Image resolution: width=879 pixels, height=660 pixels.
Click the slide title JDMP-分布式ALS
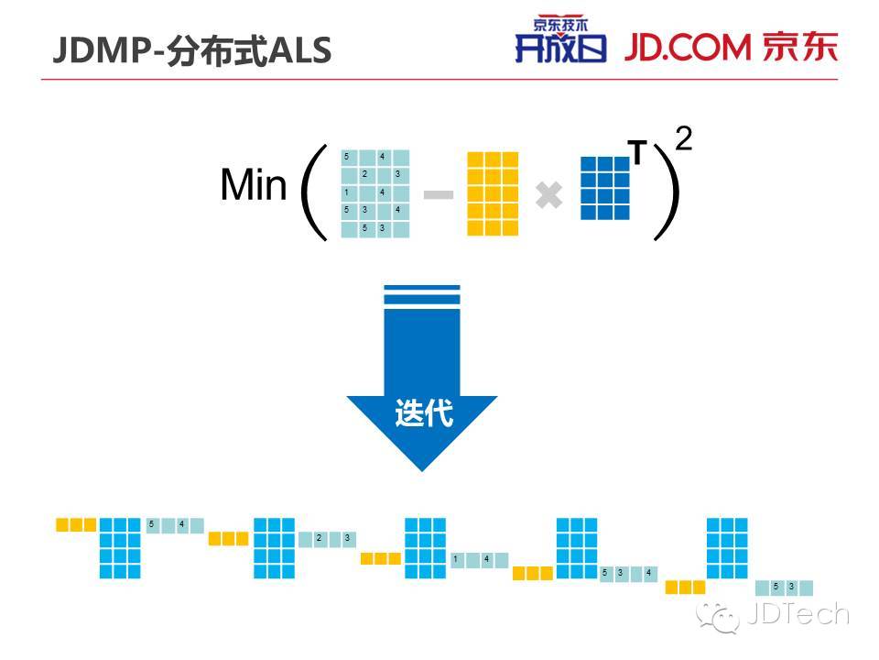191,51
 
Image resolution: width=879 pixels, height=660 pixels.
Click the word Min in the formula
254,186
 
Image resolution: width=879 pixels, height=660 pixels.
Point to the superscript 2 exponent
683,140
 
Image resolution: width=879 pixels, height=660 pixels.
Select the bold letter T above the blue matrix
637,154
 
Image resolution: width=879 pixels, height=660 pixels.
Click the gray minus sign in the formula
439,195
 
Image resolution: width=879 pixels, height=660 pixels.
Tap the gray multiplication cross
548,195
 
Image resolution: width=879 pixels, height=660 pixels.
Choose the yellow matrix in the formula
493,194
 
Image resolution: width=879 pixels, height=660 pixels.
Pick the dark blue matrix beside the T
605,188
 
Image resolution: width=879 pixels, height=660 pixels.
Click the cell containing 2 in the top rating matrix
364,174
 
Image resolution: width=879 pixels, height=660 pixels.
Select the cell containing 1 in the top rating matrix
347,192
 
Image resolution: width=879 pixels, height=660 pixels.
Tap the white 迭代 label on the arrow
423,414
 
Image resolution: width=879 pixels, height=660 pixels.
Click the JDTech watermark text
797,614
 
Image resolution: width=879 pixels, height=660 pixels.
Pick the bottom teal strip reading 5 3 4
628,573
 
